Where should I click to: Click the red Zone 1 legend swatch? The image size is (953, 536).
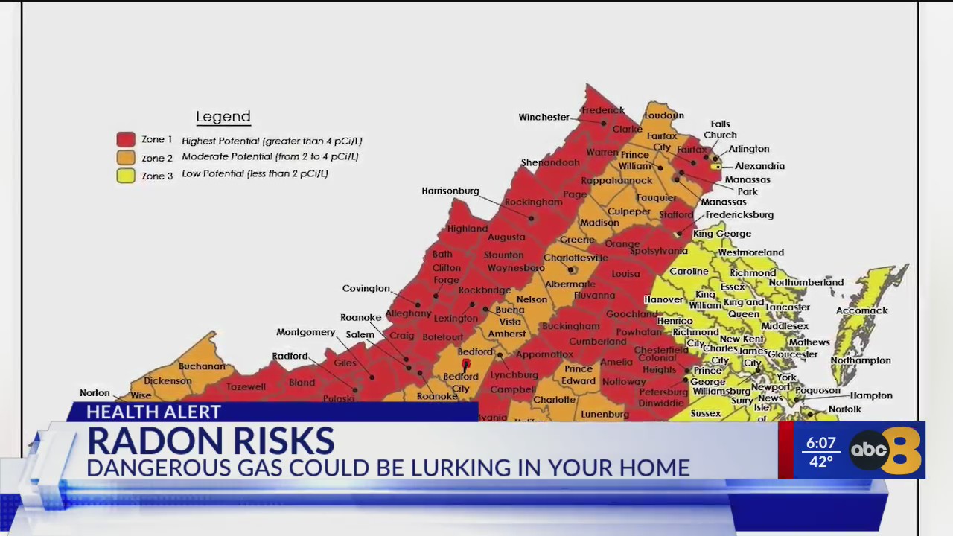(x=126, y=139)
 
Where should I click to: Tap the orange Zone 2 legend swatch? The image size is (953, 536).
(x=126, y=157)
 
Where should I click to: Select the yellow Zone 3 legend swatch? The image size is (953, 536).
(x=126, y=176)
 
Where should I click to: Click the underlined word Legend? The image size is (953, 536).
(x=223, y=117)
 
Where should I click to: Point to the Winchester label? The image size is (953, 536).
(x=544, y=117)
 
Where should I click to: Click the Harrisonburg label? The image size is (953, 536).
(x=450, y=191)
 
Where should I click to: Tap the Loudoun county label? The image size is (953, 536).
(x=663, y=115)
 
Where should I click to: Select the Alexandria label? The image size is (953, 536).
(x=759, y=166)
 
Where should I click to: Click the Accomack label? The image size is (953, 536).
(x=861, y=310)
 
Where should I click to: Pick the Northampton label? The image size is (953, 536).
(x=860, y=360)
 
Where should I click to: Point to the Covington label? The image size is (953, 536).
(x=366, y=288)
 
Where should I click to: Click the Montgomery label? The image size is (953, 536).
(x=305, y=332)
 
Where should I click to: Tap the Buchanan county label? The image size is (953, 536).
(x=201, y=366)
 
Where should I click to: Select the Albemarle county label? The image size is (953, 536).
(x=570, y=284)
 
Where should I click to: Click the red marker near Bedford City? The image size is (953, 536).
(x=466, y=364)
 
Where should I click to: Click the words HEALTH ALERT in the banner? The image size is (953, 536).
(x=153, y=412)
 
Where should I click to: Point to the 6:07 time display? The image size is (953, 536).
(x=820, y=444)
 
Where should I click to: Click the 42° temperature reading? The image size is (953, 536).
(x=820, y=462)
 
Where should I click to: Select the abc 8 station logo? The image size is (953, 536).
(x=885, y=450)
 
